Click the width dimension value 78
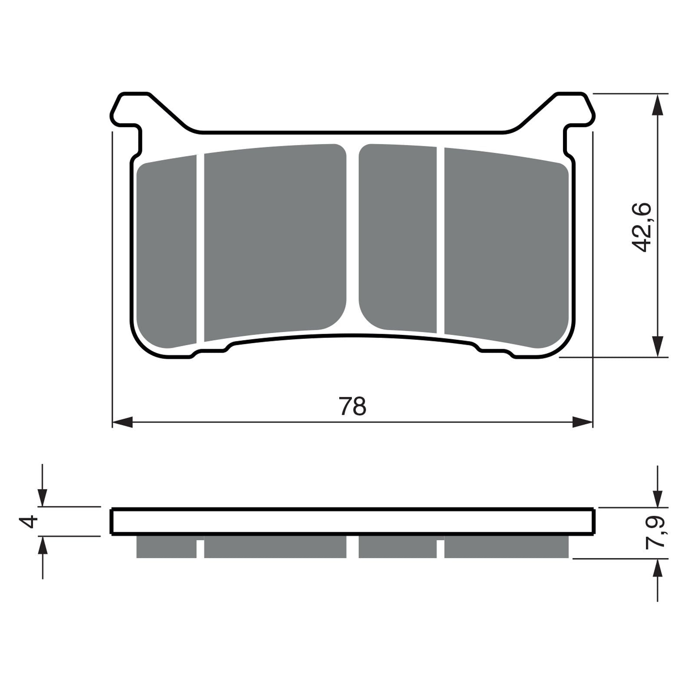coord(352,407)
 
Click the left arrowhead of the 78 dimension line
coord(122,422)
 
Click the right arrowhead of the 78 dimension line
coord(582,422)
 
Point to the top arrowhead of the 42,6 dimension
coord(658,105)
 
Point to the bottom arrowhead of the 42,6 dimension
coord(658,346)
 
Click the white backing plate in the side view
coord(353,521)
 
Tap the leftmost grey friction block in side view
coord(166,547)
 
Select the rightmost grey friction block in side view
coord(506,547)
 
